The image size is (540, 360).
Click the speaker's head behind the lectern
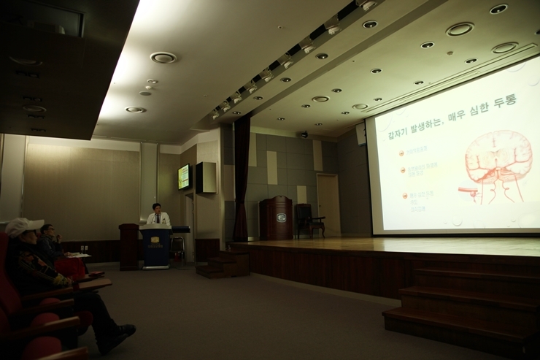(155, 208)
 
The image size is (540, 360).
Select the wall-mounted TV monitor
(184, 177)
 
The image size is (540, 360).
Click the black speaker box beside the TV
(206, 177)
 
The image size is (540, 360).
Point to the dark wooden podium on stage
(277, 218)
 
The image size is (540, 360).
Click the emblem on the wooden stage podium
(281, 217)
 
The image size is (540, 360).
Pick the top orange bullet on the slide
(401, 153)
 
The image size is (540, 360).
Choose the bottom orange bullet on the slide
(404, 196)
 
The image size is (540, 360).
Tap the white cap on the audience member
(22, 226)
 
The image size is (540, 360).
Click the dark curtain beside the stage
(241, 179)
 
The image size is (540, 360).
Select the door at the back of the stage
(328, 204)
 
